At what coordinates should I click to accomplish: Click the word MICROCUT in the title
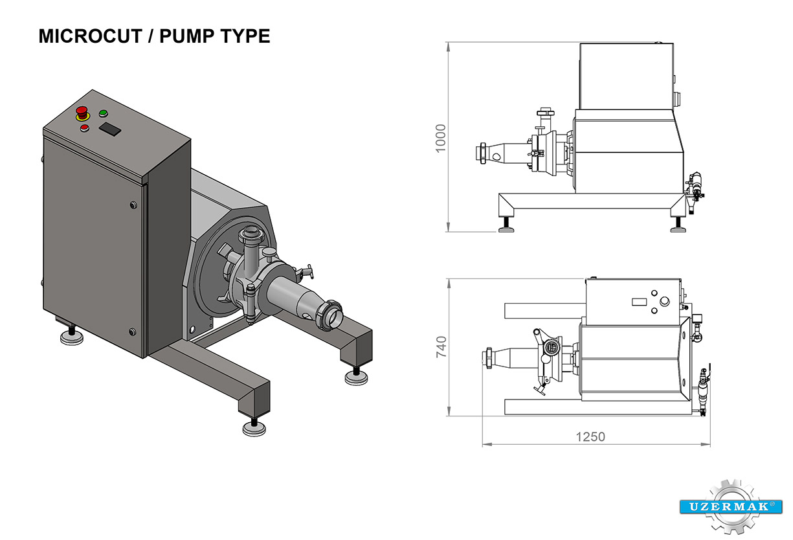[90, 36]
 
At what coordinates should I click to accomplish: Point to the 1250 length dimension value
[590, 437]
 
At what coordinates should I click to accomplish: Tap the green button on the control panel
[103, 114]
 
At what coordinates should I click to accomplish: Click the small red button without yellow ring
[84, 128]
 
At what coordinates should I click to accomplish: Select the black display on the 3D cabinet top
[110, 129]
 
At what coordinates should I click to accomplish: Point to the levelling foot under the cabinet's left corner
[71, 336]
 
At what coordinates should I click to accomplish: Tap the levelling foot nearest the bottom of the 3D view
[253, 427]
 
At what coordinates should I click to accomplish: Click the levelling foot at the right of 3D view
[355, 376]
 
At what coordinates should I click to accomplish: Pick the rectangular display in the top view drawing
[640, 301]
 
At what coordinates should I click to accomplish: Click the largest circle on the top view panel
[665, 301]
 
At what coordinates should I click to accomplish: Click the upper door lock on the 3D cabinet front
[134, 205]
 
